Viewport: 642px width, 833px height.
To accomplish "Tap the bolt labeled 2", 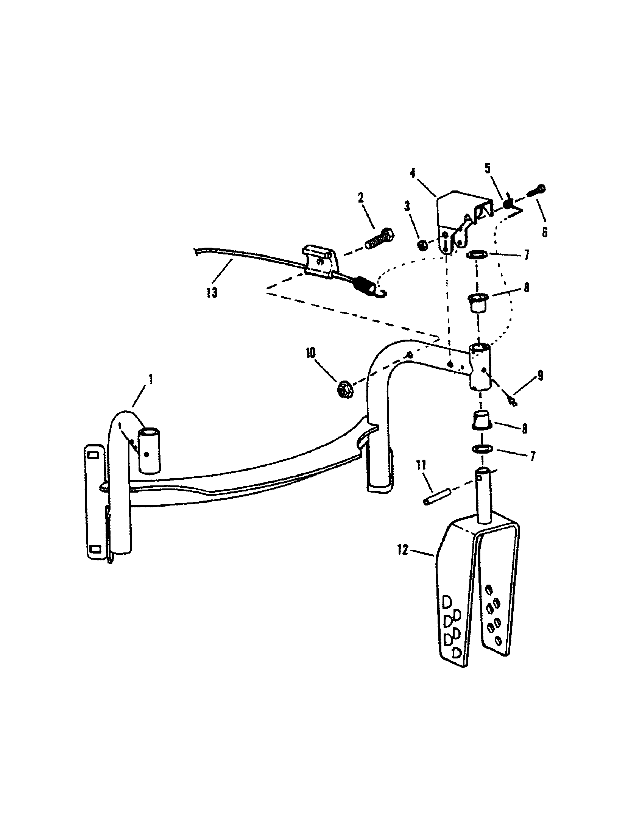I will [x=380, y=239].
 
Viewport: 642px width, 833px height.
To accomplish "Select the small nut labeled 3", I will [x=422, y=245].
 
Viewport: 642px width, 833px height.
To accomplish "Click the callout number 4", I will [x=413, y=173].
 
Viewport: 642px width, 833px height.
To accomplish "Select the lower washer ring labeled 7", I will [x=476, y=254].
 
